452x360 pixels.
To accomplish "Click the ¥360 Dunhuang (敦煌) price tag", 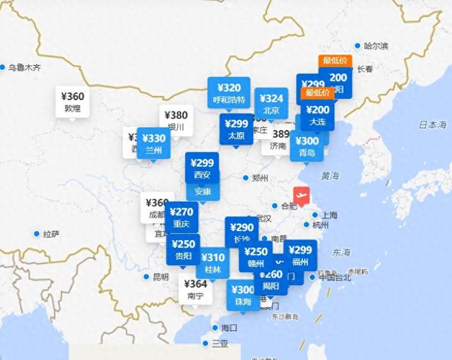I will point(73,103).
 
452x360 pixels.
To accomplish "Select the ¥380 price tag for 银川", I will point(176,121).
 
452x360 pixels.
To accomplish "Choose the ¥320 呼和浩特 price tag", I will point(230,93).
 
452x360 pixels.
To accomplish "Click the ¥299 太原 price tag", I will point(235,129).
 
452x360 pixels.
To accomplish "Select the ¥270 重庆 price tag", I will point(182,217).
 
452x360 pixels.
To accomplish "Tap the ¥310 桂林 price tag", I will point(213,263).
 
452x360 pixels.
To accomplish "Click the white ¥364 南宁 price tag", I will point(195,289).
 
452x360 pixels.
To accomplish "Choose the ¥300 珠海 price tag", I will point(243,295).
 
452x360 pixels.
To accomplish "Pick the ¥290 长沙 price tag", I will point(242,233).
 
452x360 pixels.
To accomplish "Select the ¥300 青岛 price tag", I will point(307,145).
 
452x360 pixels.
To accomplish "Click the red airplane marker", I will point(302,195).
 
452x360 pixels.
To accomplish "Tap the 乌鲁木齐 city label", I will point(25,68).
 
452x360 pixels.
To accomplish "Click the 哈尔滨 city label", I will point(376,46).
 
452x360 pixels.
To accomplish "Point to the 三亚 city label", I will point(220,343).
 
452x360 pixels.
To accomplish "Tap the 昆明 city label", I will point(160,277).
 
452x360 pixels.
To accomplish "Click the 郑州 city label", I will point(261,178).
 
